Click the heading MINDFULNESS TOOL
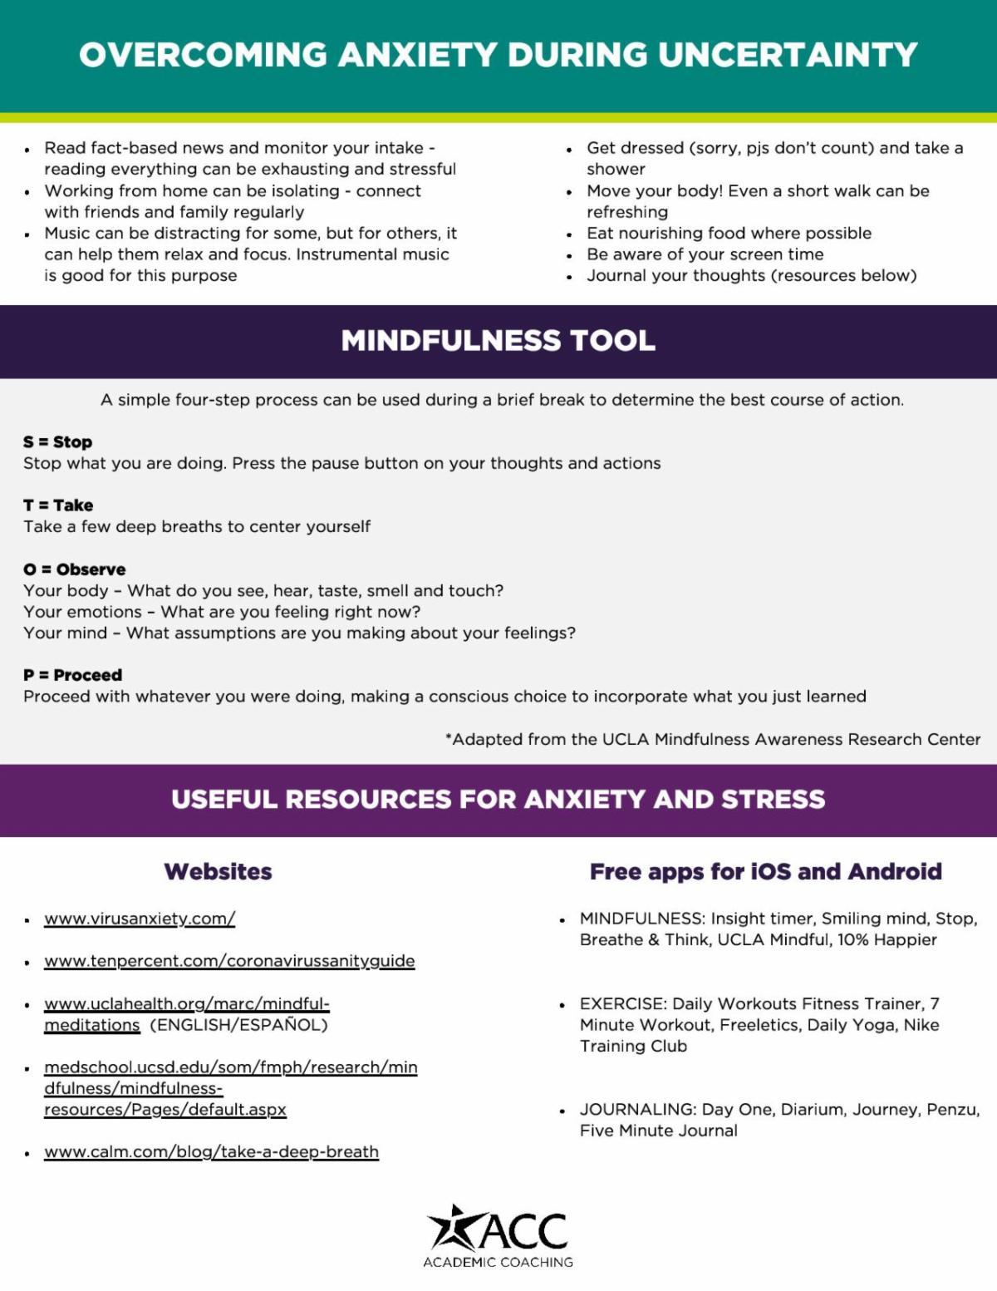(x=498, y=341)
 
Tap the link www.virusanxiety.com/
(x=140, y=919)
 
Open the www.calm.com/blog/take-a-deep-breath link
(x=211, y=1152)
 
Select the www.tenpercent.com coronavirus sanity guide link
(x=229, y=961)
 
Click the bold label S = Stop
(x=57, y=442)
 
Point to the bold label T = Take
(x=58, y=505)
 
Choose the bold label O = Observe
(x=75, y=569)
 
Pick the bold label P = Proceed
(x=73, y=675)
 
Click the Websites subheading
(x=218, y=871)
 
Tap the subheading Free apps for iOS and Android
(x=765, y=871)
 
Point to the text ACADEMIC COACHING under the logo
(x=498, y=1262)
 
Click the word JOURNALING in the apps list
(x=637, y=1110)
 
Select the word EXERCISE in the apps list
(x=623, y=1004)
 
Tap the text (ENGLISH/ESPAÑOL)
(x=239, y=1025)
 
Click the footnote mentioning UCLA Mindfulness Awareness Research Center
(x=713, y=739)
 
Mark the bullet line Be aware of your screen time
(x=705, y=254)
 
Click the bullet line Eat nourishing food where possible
(x=729, y=234)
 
